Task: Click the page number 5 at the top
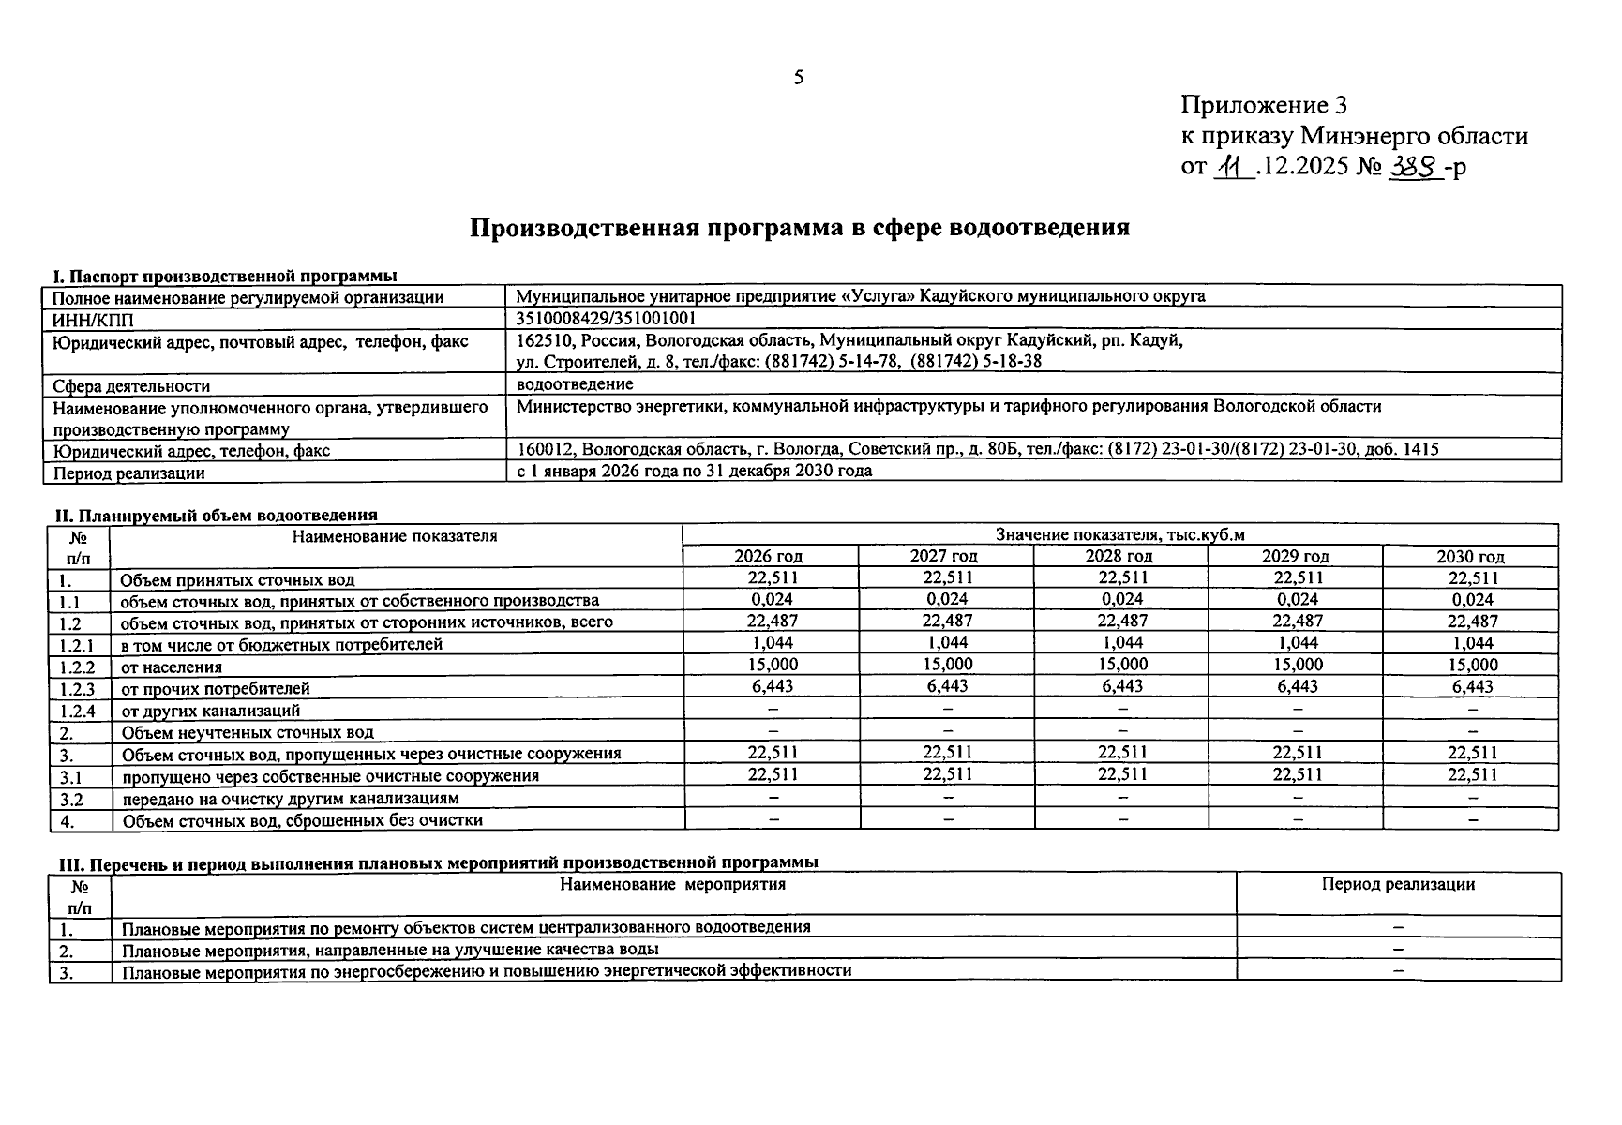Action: pos(798,78)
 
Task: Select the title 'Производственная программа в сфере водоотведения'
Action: pos(799,228)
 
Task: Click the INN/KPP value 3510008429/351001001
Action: pos(606,319)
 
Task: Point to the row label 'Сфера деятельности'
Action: pos(131,385)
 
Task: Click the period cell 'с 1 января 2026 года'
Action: pos(694,471)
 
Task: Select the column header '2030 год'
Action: pos(1469,557)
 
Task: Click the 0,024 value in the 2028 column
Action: pos(1121,600)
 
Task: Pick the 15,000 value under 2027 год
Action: pos(947,665)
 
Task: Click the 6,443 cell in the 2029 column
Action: pos(1297,686)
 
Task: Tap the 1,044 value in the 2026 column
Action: pos(773,643)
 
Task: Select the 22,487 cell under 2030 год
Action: pos(1472,622)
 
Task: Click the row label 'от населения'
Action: pos(172,667)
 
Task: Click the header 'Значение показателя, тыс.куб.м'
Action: pos(1119,535)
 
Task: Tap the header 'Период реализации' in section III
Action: pos(1397,884)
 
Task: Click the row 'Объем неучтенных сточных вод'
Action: pos(248,732)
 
